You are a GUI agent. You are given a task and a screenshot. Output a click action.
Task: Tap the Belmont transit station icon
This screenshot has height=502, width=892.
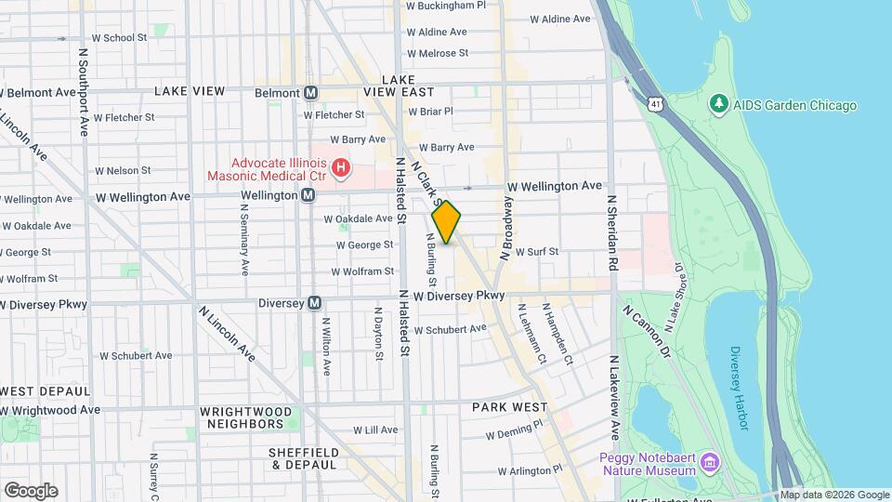pos(311,93)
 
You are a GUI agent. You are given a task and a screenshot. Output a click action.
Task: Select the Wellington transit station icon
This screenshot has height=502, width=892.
pos(308,196)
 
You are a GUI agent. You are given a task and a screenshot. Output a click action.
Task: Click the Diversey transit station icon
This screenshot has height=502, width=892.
pos(315,303)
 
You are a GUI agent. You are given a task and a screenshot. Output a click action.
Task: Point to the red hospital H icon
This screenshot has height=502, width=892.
pos(341,168)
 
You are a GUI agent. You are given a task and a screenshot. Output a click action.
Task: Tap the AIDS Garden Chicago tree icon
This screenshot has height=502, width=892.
pos(718,105)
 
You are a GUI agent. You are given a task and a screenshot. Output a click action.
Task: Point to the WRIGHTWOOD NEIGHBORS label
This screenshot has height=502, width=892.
pos(245,417)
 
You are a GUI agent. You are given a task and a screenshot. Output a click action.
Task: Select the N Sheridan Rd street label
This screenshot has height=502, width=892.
pos(613,233)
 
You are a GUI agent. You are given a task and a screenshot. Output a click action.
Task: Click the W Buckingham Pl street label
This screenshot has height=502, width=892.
pos(446,6)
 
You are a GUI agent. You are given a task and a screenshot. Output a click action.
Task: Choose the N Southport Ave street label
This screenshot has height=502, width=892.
pos(84,93)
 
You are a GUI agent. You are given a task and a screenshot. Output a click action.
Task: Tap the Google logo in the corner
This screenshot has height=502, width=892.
pos(31,490)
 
